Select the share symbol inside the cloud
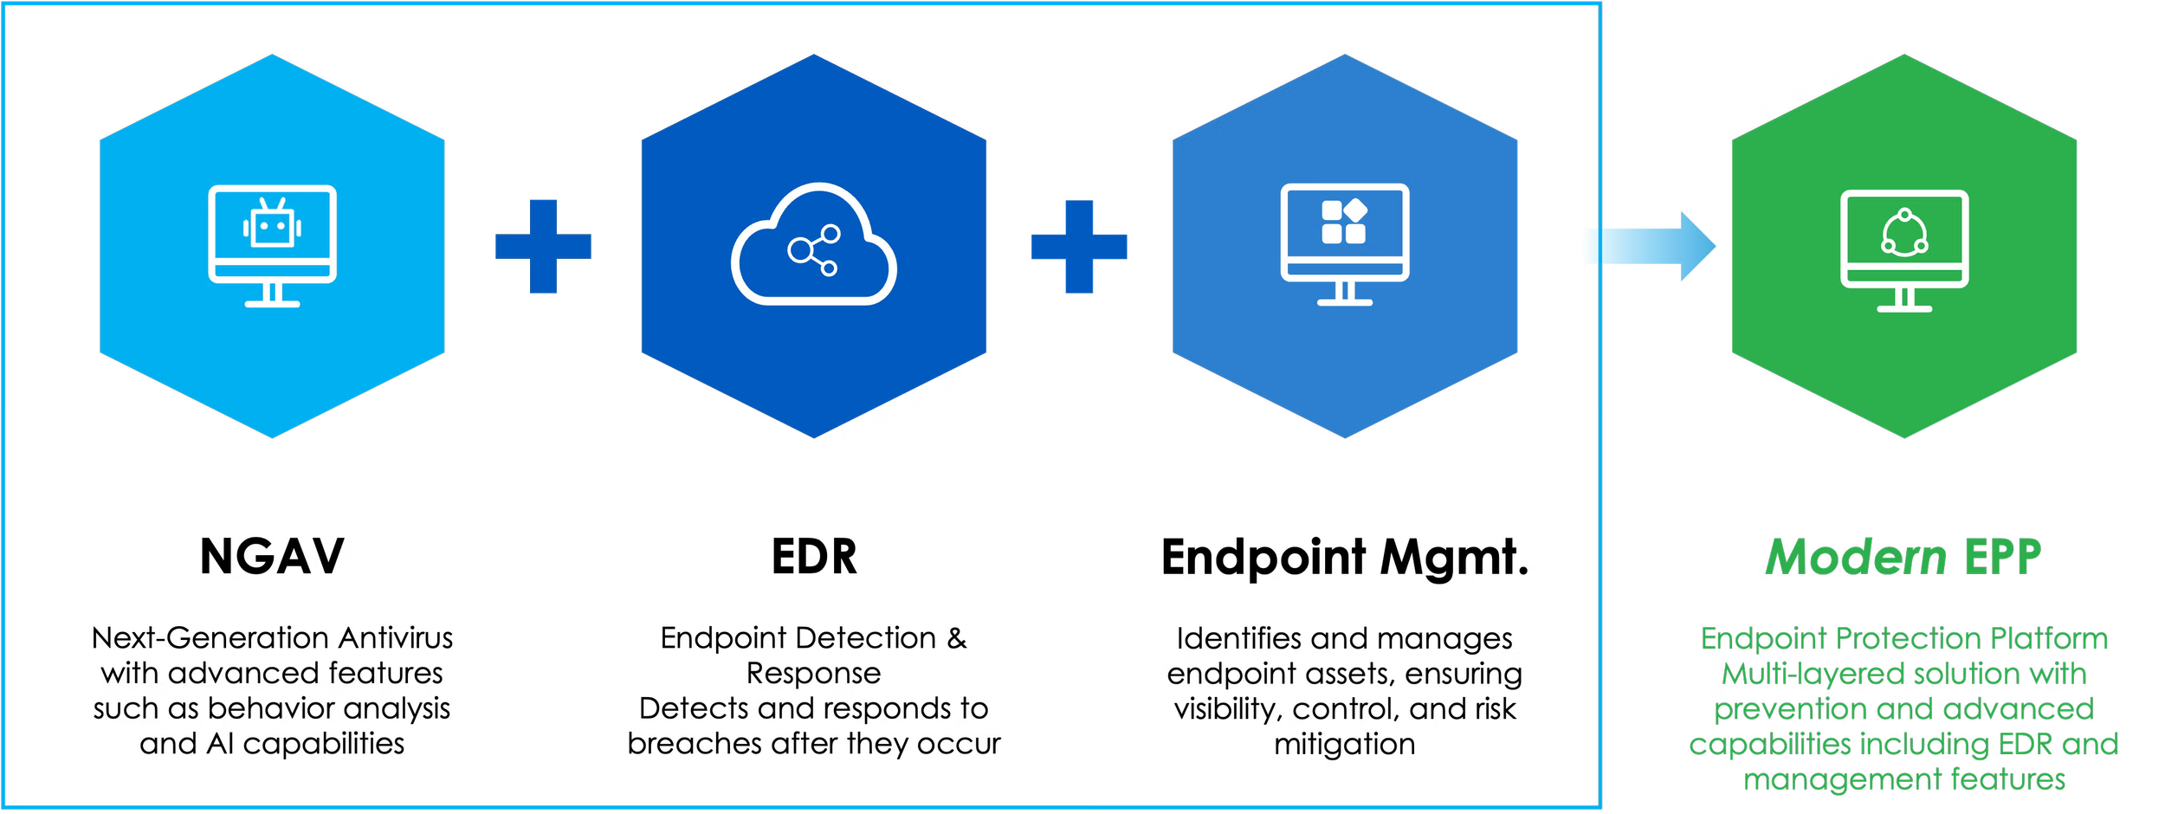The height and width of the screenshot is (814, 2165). tap(813, 250)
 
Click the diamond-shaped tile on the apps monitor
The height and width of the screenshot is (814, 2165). tap(1355, 210)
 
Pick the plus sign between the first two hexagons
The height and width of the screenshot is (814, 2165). tap(544, 247)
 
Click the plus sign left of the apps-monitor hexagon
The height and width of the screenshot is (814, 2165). tap(1079, 247)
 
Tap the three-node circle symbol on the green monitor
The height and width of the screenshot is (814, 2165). tap(1904, 234)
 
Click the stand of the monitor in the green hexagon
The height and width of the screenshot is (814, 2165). tap(1904, 300)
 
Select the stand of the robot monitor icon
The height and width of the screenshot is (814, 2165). tap(273, 295)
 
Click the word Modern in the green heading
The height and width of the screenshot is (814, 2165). tap(1856, 558)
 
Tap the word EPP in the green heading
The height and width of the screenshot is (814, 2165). tap(2002, 558)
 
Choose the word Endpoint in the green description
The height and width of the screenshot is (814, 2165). tap(1763, 639)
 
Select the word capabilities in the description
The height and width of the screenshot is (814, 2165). tap(1770, 745)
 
